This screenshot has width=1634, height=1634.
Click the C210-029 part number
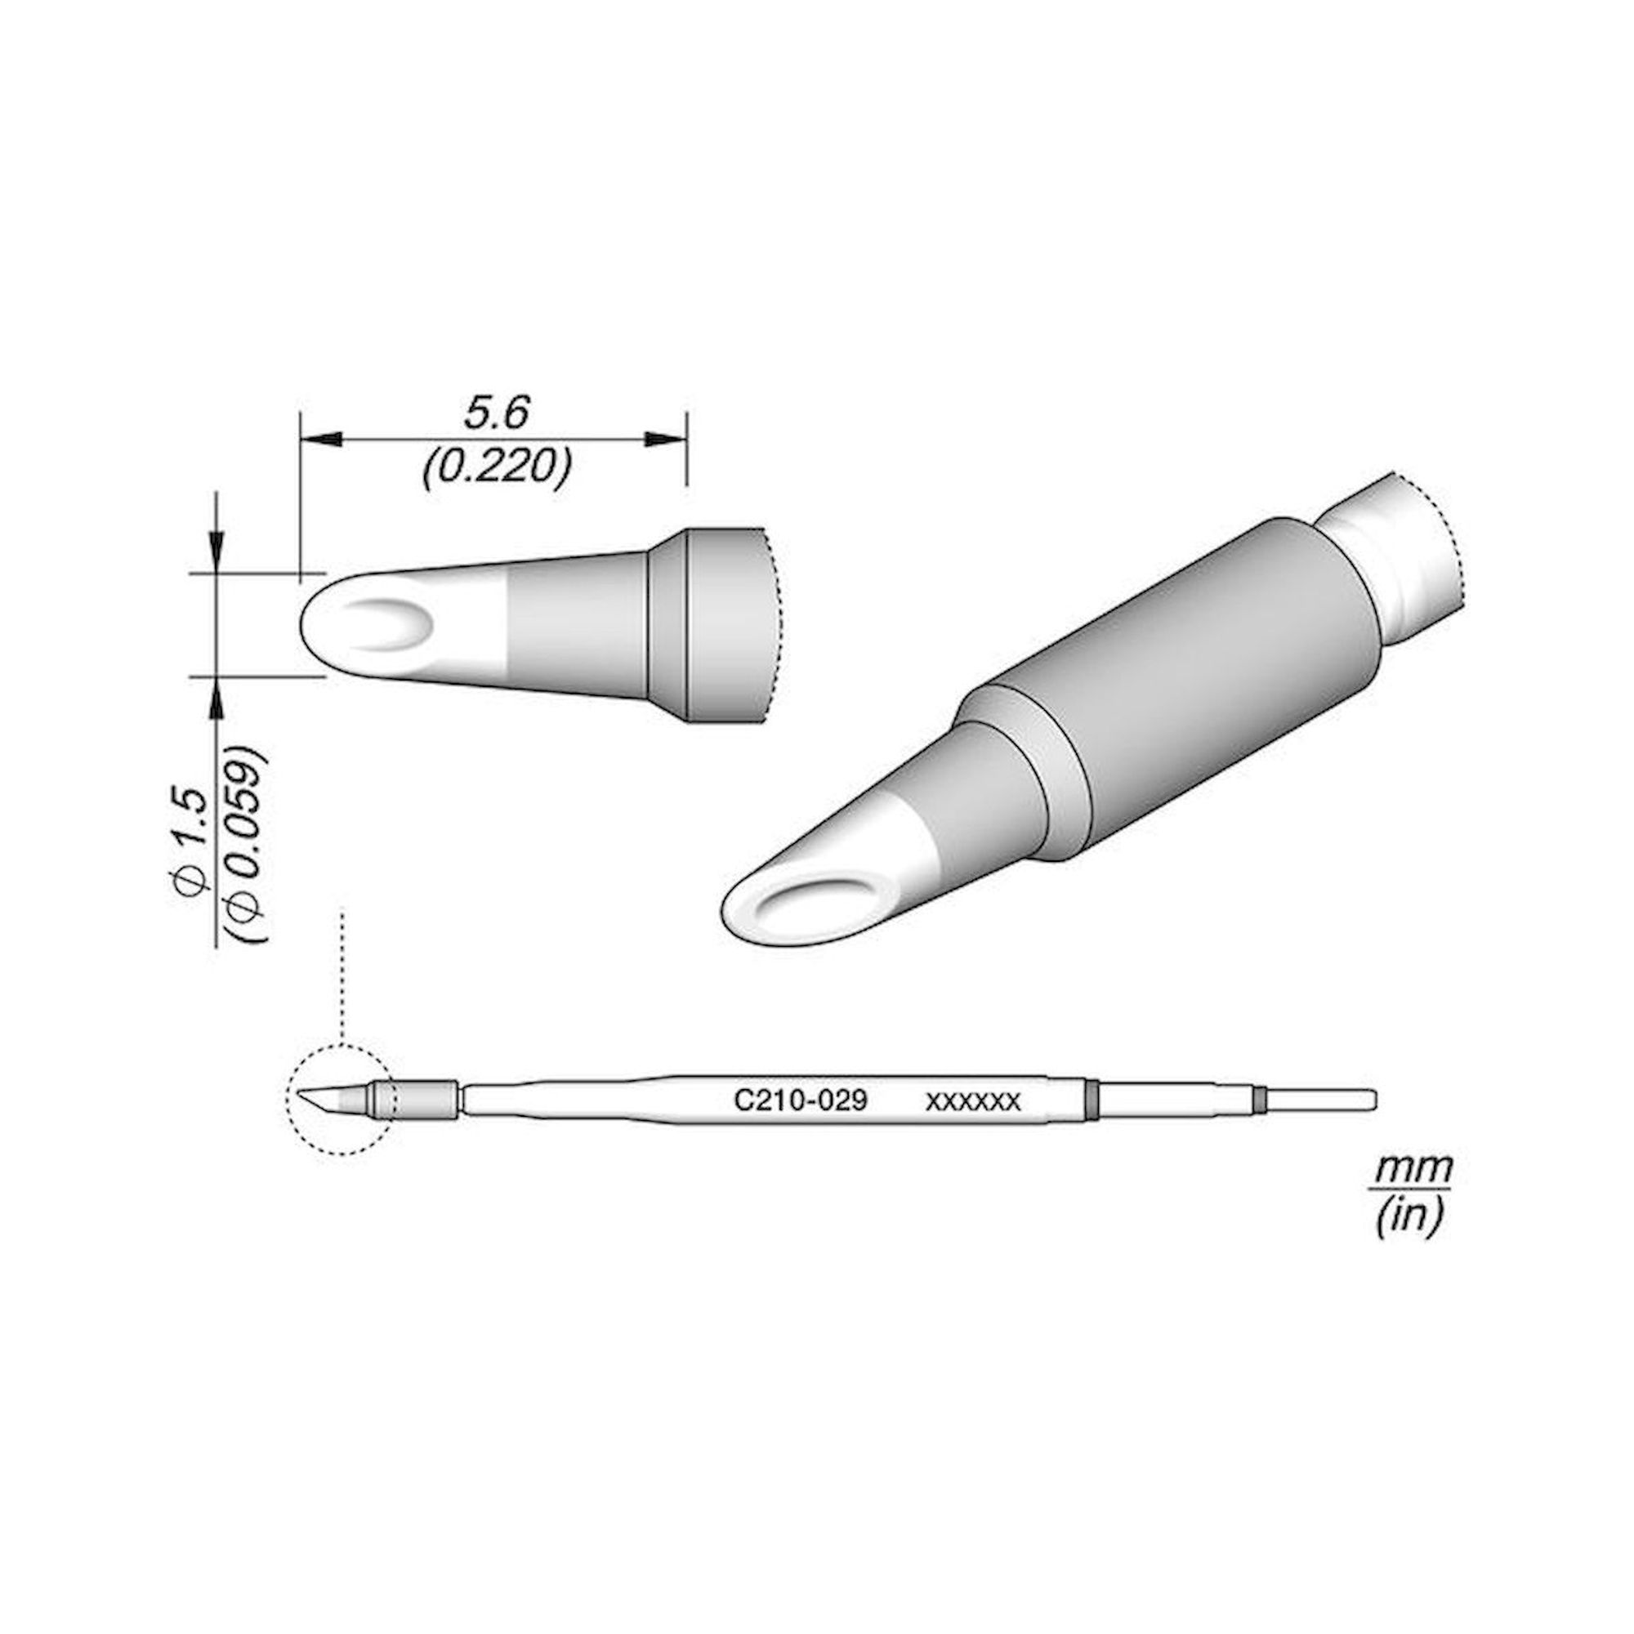point(800,1101)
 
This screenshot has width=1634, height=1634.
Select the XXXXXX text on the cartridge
point(974,1102)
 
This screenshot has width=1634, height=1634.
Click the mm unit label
point(1413,1169)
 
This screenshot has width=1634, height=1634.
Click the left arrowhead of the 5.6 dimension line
point(321,439)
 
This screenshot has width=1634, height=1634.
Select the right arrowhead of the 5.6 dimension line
point(665,439)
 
